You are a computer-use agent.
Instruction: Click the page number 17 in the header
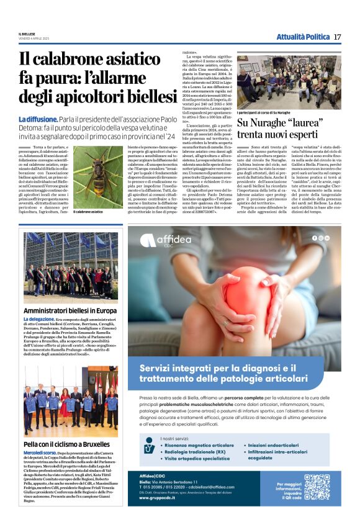click(x=337, y=37)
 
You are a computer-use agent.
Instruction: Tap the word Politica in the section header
click(x=317, y=37)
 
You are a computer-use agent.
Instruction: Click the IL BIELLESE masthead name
click(x=28, y=34)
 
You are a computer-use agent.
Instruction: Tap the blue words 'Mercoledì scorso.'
click(x=41, y=454)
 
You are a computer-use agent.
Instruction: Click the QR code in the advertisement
click(x=317, y=486)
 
